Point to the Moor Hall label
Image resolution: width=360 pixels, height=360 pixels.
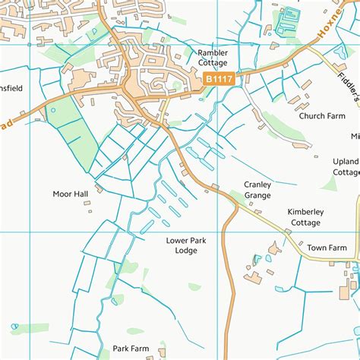coord(71,194)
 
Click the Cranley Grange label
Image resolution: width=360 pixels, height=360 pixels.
coord(257,190)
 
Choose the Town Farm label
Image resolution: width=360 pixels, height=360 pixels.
coord(327,248)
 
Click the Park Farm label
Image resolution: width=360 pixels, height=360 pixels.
coord(131,349)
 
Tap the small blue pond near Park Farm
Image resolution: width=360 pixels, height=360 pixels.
coord(15,329)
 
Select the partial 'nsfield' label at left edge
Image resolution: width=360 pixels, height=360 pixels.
coord(11,88)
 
